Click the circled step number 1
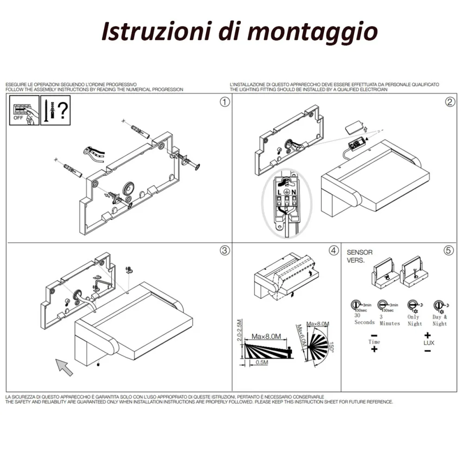(x=225, y=102)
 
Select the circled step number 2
(x=449, y=102)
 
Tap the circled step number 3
(x=225, y=250)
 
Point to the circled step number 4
(x=333, y=250)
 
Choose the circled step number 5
(x=448, y=250)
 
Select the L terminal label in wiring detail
(x=280, y=191)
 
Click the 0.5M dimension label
(x=262, y=363)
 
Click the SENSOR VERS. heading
(x=360, y=256)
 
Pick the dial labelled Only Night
(x=413, y=305)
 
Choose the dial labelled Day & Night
(x=438, y=305)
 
